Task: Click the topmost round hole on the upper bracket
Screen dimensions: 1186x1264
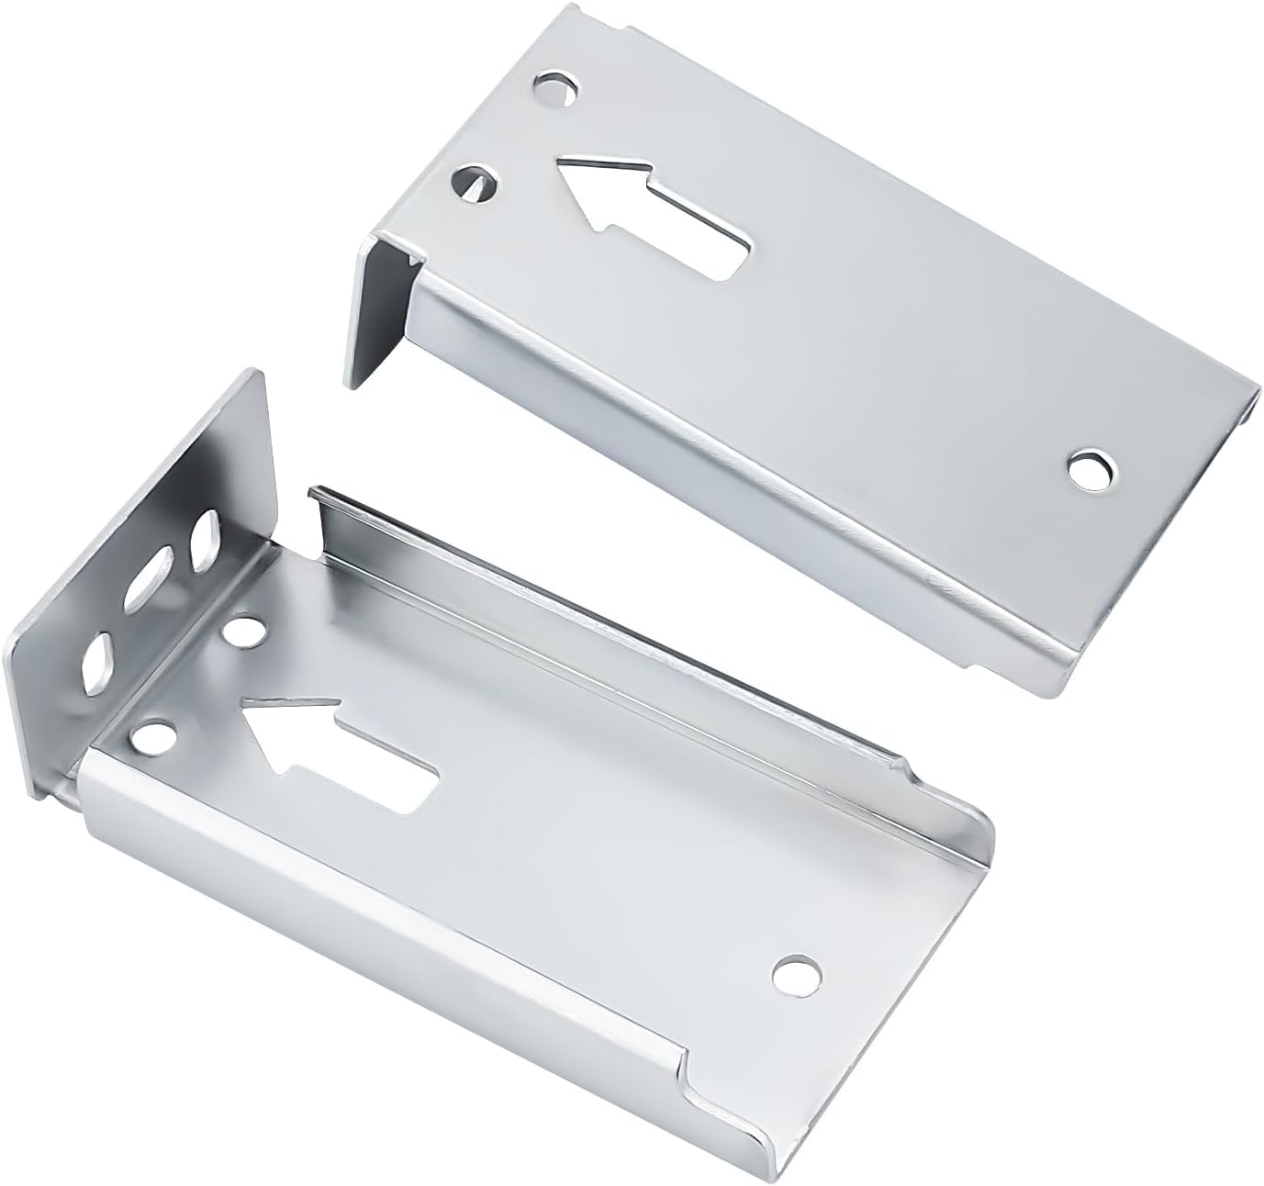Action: pyautogui.click(x=558, y=91)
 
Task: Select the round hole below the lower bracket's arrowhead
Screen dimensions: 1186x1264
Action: pyautogui.click(x=155, y=735)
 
